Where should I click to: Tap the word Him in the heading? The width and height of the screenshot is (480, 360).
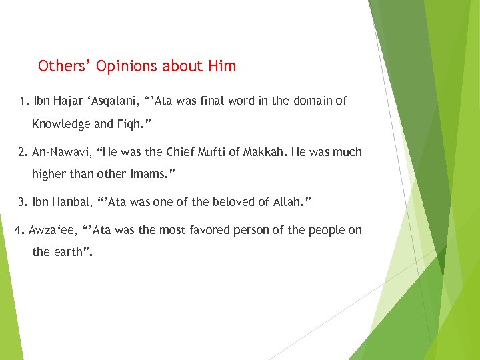221,66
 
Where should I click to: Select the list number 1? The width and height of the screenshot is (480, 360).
24,101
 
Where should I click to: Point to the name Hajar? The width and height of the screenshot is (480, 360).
69,101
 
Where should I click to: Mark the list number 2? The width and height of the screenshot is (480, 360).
23,152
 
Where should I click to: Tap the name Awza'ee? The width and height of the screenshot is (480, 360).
53,231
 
